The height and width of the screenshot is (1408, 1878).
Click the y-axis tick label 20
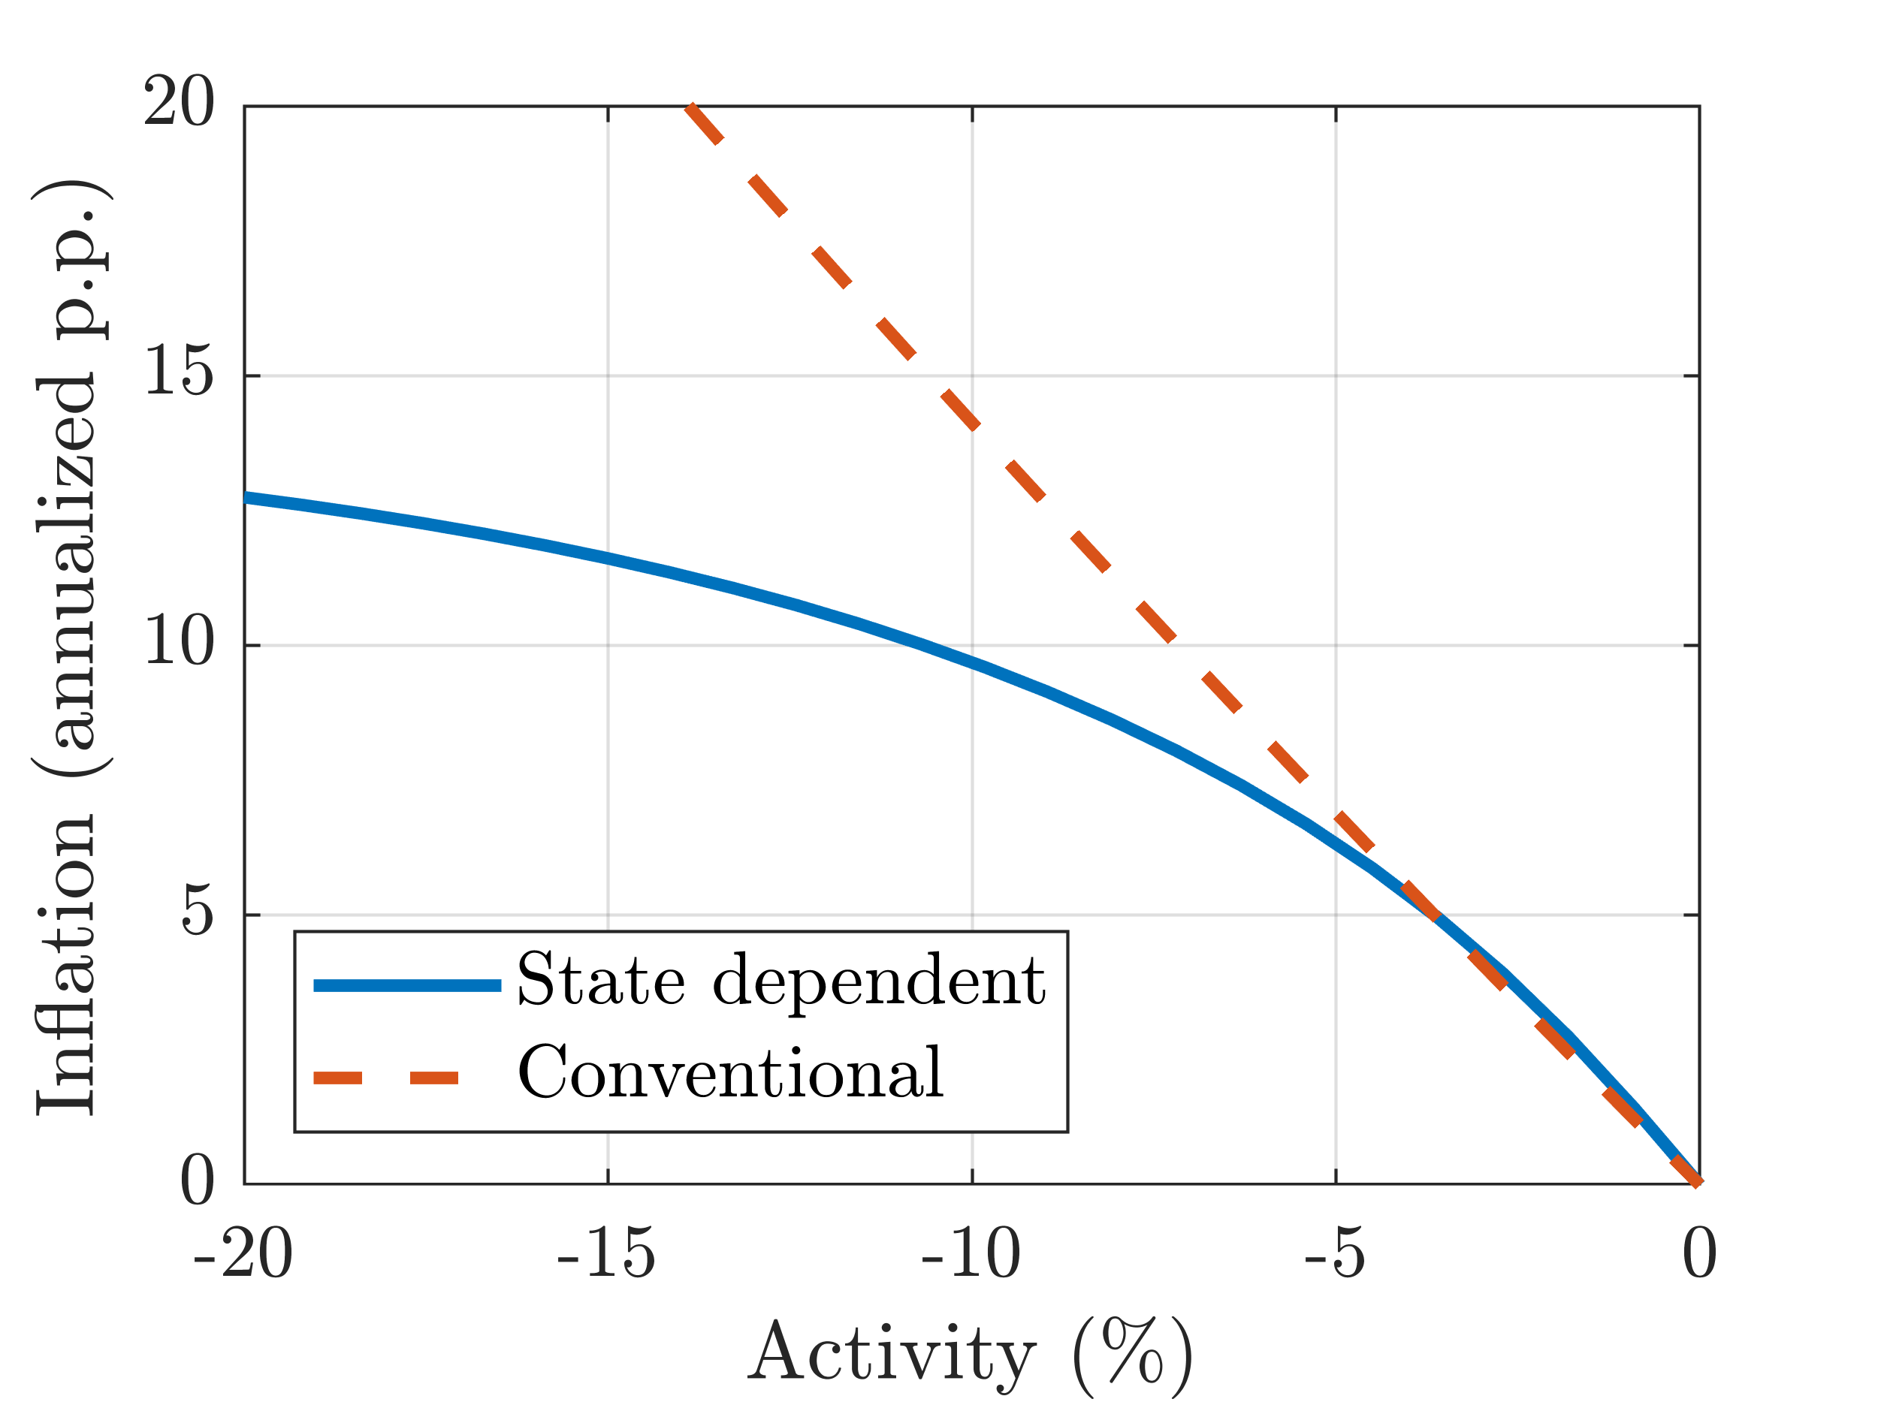(178, 102)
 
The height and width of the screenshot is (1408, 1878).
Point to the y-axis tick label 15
(178, 372)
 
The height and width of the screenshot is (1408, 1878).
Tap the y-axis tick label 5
(197, 912)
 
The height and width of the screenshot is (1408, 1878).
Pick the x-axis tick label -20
(243, 1254)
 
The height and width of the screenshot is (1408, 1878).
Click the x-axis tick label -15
(606, 1254)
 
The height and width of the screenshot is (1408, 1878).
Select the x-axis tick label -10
(971, 1254)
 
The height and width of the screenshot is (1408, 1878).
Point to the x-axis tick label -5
(1335, 1254)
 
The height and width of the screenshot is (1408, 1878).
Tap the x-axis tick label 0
(1699, 1254)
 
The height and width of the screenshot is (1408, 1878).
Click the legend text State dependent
(781, 982)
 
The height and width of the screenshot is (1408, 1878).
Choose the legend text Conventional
(730, 1074)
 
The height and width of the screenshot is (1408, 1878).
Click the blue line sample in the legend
(406, 985)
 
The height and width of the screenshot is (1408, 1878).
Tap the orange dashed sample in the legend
(386, 1078)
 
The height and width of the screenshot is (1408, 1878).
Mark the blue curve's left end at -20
(246, 498)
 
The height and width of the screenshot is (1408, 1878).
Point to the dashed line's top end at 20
(693, 108)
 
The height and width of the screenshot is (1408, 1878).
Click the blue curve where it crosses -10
(972, 664)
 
